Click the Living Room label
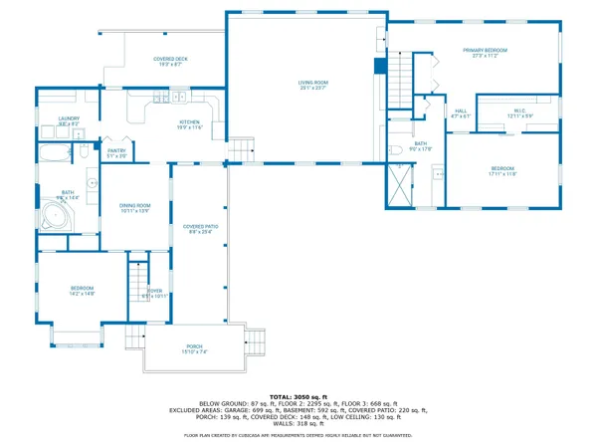(313, 85)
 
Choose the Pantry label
(116, 152)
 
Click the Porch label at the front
(194, 348)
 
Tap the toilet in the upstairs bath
(395, 150)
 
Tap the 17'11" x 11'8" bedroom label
(502, 171)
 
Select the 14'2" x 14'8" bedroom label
(82, 291)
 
